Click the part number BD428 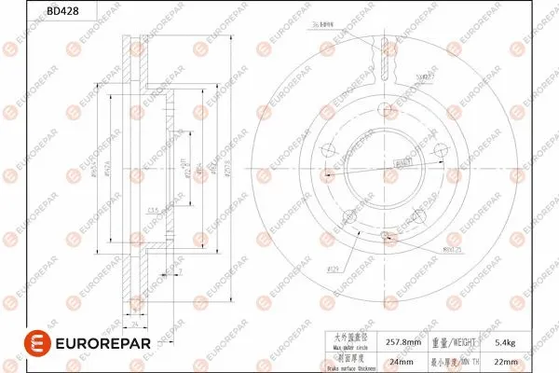click(34, 11)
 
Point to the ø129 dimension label click(332, 269)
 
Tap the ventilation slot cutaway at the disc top click(383, 65)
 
